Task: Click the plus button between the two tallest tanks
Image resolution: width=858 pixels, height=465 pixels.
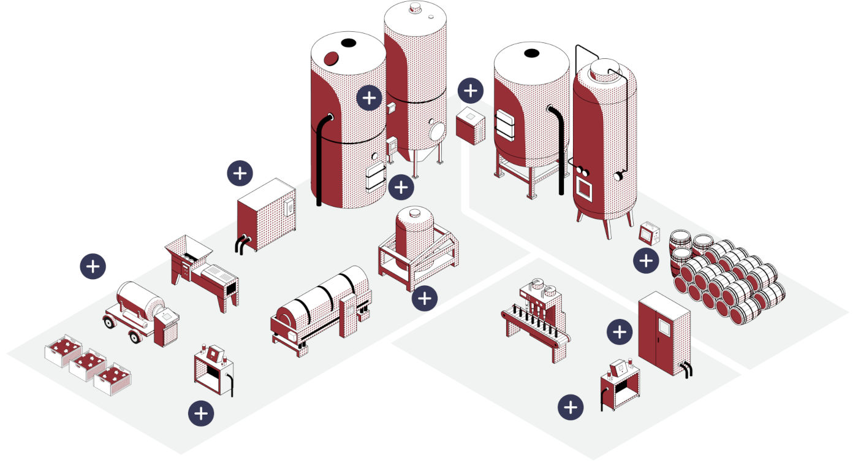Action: tap(369, 98)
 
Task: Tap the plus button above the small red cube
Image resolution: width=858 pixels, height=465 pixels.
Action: tap(471, 91)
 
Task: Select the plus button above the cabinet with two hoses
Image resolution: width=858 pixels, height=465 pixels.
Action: tap(240, 174)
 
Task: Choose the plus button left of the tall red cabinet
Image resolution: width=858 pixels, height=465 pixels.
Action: tap(620, 332)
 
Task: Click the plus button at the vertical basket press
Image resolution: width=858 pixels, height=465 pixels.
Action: tap(425, 298)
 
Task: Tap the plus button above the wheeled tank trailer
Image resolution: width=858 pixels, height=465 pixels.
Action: tap(93, 266)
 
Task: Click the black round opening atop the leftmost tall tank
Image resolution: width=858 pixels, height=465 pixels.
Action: tap(348, 43)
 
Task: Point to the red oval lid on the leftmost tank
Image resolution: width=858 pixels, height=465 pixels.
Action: tap(332, 58)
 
